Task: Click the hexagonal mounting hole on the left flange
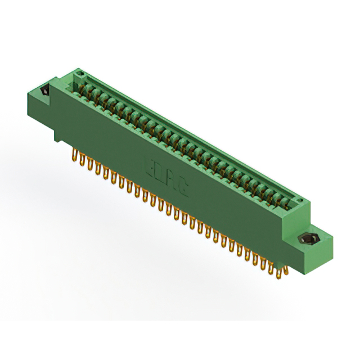(x=44, y=91)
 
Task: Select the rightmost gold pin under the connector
(x=286, y=272)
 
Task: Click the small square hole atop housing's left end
(x=80, y=74)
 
